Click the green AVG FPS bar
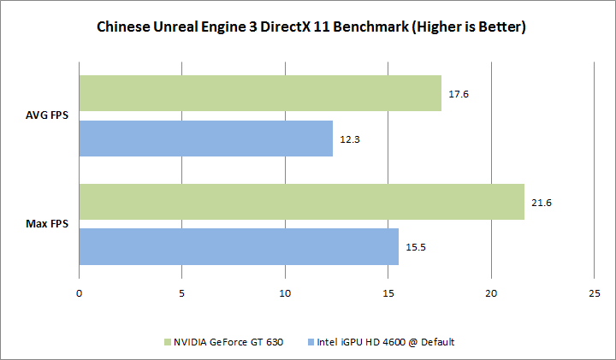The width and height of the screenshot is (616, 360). click(x=260, y=93)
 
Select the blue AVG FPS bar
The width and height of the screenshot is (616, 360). click(x=205, y=139)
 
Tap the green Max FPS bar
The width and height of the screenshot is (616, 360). click(x=301, y=202)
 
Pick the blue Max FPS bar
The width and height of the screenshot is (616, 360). click(x=238, y=246)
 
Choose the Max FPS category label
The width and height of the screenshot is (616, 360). click(x=50, y=224)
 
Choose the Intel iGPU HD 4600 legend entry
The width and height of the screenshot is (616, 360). click(x=382, y=342)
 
